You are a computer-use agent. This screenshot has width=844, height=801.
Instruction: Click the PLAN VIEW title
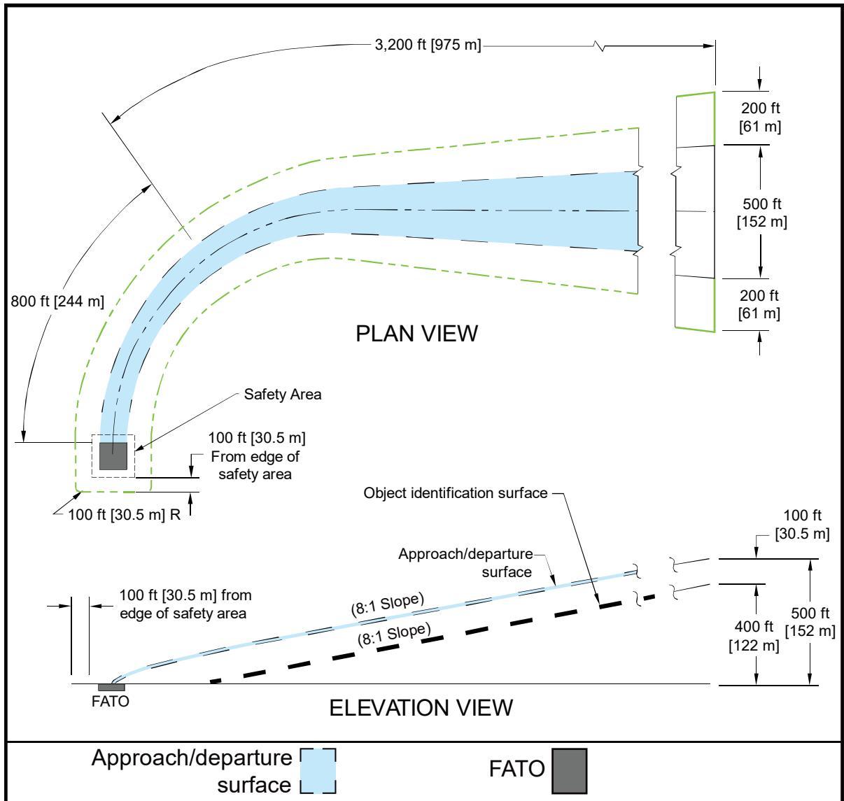(416, 334)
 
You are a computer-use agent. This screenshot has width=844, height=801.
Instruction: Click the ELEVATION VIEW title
(421, 708)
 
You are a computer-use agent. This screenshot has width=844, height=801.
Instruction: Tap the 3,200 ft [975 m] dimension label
(428, 45)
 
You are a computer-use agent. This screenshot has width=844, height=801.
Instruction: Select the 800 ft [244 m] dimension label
(57, 301)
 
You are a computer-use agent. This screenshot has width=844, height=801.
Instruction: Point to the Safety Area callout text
(283, 394)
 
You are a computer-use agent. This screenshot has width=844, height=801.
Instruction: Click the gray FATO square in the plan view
(113, 456)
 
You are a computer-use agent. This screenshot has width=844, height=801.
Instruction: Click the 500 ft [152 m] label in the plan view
(762, 213)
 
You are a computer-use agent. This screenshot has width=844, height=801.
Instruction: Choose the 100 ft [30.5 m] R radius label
(124, 514)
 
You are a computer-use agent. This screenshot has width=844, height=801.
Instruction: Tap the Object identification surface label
(456, 492)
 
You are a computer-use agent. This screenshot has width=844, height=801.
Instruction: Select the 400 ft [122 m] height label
(754, 636)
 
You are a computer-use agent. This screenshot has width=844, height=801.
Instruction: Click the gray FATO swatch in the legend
(569, 772)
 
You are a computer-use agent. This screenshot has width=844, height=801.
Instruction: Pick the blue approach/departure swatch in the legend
(318, 771)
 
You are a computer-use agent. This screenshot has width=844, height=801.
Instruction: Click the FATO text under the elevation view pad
(111, 702)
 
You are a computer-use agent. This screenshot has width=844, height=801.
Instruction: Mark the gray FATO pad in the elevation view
(111, 687)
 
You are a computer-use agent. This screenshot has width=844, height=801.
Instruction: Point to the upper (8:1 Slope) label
(388, 605)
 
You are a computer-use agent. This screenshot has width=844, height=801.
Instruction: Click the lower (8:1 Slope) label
(394, 635)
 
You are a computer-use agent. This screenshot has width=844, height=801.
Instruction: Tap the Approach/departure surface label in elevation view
(465, 562)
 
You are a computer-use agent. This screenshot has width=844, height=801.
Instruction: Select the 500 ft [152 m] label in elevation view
(810, 622)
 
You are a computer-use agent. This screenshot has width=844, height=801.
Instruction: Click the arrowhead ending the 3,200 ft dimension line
(709, 45)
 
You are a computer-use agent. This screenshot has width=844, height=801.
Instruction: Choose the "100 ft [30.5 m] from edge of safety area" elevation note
(185, 604)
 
